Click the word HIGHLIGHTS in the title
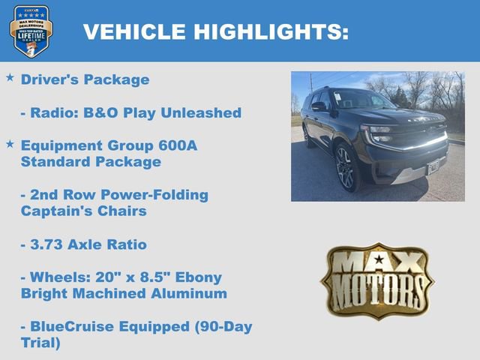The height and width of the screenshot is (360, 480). pyautogui.click(x=271, y=31)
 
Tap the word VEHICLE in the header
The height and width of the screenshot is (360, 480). pyautogui.click(x=134, y=31)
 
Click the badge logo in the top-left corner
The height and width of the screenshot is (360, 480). pyautogui.click(x=31, y=31)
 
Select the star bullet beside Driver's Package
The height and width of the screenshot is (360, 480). pyautogui.click(x=10, y=77)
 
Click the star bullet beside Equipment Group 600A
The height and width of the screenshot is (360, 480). pyautogui.click(x=10, y=142)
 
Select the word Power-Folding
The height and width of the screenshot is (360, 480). pyautogui.click(x=160, y=195)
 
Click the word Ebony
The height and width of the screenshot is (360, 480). pyautogui.click(x=180, y=277)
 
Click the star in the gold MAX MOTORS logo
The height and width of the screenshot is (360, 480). pyautogui.click(x=378, y=259)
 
